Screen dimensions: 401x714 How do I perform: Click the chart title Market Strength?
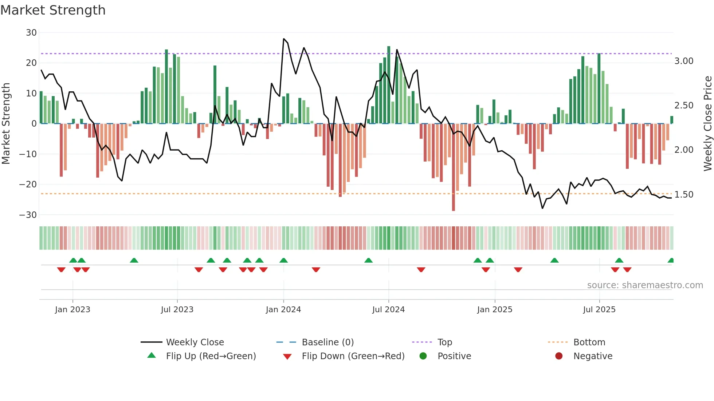click(53, 10)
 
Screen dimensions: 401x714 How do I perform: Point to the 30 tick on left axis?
click(31, 33)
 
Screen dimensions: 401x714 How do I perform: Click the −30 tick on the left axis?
click(28, 215)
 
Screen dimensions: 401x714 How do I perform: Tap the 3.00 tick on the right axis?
click(684, 61)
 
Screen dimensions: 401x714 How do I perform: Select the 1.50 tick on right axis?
click(684, 195)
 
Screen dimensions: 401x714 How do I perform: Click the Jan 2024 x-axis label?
click(283, 310)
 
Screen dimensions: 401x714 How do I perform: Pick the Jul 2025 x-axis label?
click(599, 310)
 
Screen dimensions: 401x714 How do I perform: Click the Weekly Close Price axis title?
click(707, 124)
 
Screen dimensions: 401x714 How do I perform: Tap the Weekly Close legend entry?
click(195, 342)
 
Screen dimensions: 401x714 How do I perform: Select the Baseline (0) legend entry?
click(327, 342)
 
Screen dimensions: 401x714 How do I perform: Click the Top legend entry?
click(444, 342)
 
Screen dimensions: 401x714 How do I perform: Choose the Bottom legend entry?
click(589, 342)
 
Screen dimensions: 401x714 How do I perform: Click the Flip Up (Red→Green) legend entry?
click(211, 356)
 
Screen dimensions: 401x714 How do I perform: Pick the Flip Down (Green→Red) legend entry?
click(353, 356)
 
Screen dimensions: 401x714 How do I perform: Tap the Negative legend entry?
click(593, 356)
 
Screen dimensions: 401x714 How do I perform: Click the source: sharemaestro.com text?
click(645, 285)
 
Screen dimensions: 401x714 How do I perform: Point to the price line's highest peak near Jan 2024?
click(284, 39)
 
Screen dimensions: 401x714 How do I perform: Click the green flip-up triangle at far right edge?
click(671, 261)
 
